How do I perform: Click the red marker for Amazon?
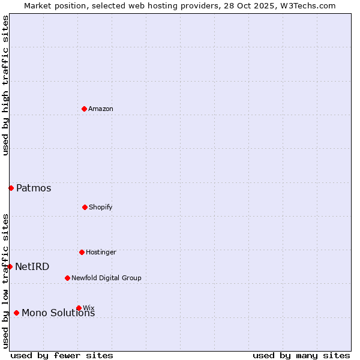[84, 109]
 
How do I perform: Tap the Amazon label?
[101, 109]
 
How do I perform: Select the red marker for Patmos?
[11, 188]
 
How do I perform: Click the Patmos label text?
[34, 188]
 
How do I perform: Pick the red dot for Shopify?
[85, 207]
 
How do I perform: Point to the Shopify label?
[101, 207]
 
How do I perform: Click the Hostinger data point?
[82, 252]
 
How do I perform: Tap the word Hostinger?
[101, 252]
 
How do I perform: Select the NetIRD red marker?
[10, 266]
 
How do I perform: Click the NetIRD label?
[32, 267]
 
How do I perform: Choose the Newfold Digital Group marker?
[67, 278]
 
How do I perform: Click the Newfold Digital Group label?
[106, 278]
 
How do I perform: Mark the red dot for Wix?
[79, 308]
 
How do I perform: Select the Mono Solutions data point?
[16, 313]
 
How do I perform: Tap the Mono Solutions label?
[58, 313]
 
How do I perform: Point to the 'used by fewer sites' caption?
[62, 355]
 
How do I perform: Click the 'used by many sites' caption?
[301, 355]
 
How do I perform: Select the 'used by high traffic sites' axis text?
[5, 85]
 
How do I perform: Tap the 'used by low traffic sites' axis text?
[5, 280]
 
